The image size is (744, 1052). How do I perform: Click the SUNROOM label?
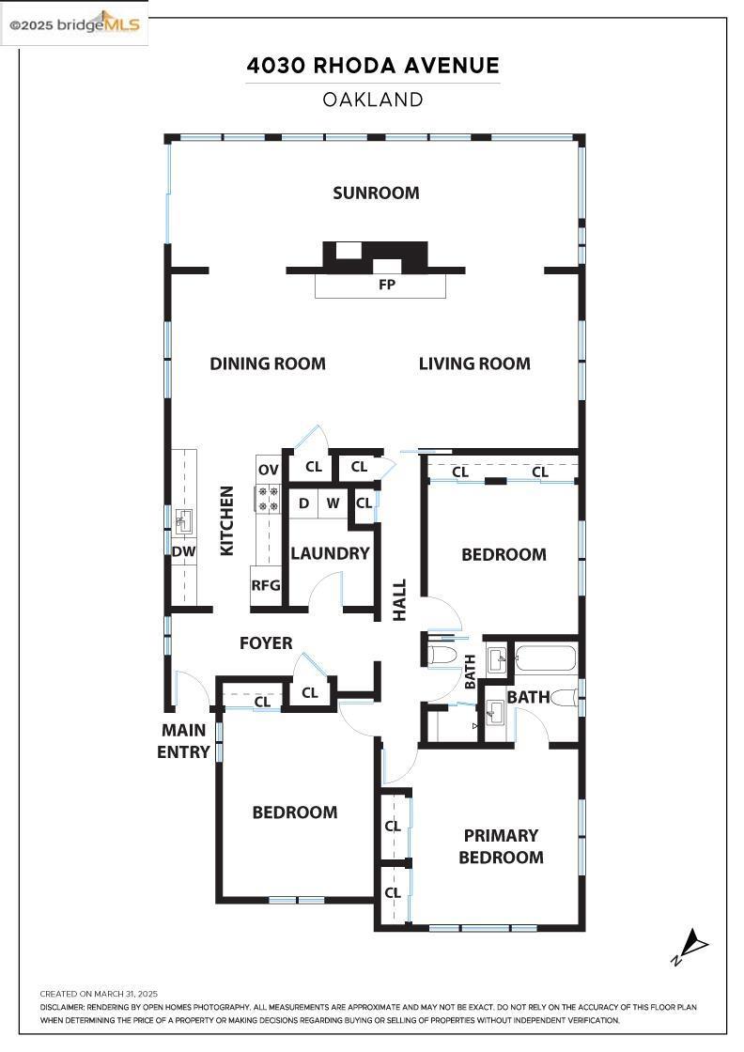click(x=376, y=193)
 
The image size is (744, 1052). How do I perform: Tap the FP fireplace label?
click(x=386, y=285)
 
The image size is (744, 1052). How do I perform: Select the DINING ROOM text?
click(x=268, y=364)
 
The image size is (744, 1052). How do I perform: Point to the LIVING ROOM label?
click(x=474, y=364)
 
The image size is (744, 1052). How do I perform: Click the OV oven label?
click(x=269, y=469)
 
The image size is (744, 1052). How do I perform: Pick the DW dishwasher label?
click(x=184, y=551)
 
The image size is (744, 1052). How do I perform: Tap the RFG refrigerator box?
click(x=266, y=584)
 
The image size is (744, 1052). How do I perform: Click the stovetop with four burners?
click(x=269, y=498)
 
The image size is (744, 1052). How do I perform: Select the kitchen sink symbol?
click(x=184, y=518)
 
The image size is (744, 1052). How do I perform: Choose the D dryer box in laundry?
click(x=303, y=503)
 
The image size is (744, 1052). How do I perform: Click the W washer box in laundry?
click(x=333, y=503)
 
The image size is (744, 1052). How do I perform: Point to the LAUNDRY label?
click(x=330, y=553)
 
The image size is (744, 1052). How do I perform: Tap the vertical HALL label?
click(x=399, y=599)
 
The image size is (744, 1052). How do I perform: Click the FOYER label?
click(x=266, y=643)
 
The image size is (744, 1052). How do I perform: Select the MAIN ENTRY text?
click(x=183, y=741)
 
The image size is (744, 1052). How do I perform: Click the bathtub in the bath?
click(x=545, y=657)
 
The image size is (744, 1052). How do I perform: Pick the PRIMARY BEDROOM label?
click(x=501, y=846)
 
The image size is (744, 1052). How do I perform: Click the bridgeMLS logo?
click(x=74, y=24)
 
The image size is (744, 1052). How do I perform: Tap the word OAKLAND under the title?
click(x=373, y=100)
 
